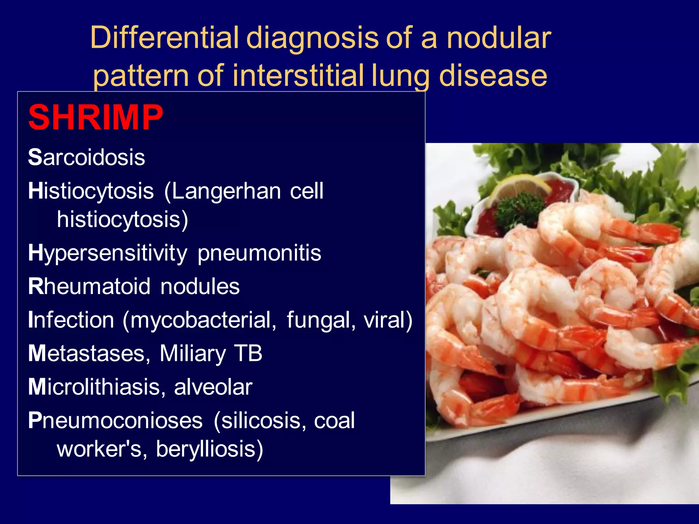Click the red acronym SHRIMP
click(96, 117)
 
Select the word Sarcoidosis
click(87, 157)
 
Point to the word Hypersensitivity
click(108, 253)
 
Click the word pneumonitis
click(259, 253)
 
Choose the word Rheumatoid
click(89, 286)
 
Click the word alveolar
click(213, 387)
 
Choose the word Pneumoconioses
click(115, 420)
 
